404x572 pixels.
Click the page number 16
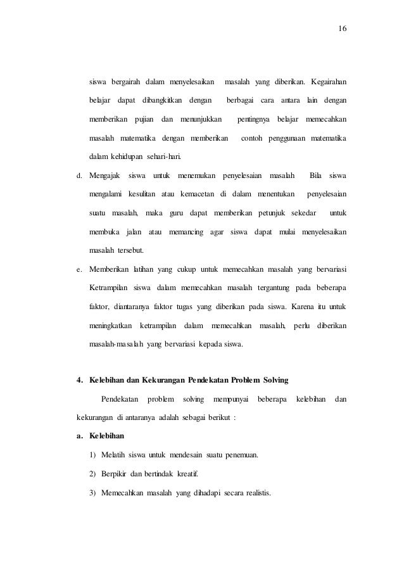click(343, 29)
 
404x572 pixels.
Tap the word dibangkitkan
click(161, 101)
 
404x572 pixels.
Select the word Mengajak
click(105, 175)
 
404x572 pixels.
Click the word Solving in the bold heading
click(272, 381)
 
